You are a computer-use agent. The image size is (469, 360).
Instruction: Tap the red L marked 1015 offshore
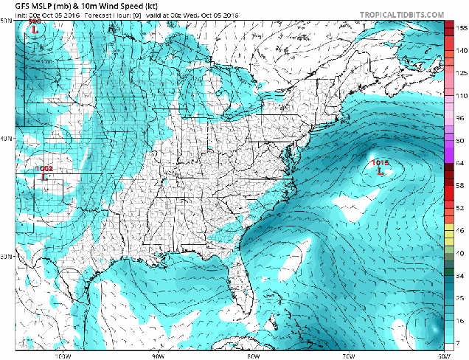coord(380,172)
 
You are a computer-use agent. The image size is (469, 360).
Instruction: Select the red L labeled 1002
coord(45,177)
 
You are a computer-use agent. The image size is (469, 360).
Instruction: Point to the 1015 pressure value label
coord(380,162)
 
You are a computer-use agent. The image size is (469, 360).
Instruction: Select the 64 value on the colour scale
coord(460,162)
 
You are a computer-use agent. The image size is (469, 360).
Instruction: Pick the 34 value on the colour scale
coord(460,275)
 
